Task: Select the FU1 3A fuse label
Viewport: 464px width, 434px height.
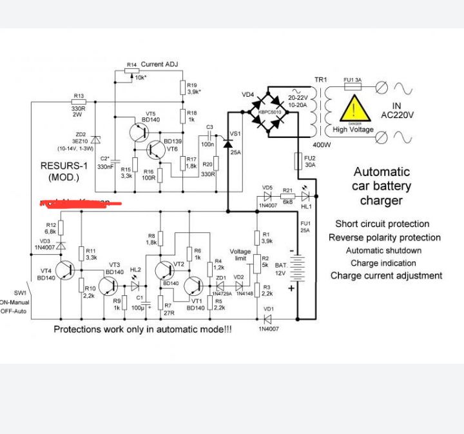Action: coord(352,80)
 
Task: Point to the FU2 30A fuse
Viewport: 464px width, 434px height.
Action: coord(298,161)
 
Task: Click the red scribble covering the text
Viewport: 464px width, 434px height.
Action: coord(81,203)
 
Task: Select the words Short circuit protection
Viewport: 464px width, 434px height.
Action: coord(382,224)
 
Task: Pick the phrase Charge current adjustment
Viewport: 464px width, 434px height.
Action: coord(386,275)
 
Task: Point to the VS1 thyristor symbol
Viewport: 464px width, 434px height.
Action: coord(227,143)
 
